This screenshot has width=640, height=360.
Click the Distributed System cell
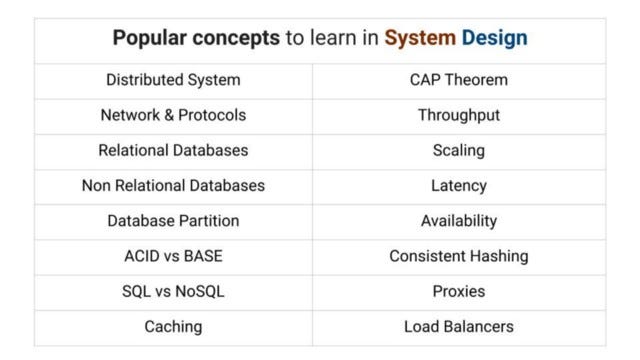173,80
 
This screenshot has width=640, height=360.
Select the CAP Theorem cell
459,80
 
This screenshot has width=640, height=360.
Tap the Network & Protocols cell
173,115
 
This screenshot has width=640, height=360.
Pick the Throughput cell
459,115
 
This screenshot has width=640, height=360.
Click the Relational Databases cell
173,150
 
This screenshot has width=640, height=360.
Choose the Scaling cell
459,150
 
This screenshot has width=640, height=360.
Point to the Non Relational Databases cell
173,185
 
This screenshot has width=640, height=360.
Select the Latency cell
459,185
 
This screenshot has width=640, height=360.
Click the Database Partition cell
173,220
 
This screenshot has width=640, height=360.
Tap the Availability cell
459,220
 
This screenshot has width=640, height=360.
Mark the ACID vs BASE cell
173,256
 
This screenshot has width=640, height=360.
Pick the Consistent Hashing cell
459,256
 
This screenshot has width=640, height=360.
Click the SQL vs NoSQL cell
173,291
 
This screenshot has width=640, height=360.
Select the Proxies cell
459,291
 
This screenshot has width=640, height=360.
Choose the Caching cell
173,326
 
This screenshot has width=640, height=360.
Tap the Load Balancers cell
459,326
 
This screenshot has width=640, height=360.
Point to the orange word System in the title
420,39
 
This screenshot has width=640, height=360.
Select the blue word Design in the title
494,39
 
